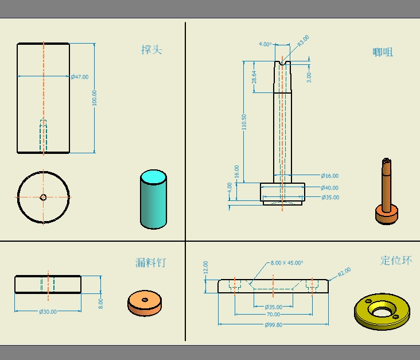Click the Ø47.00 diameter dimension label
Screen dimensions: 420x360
pyautogui.click(x=80, y=77)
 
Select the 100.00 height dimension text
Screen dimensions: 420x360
pyautogui.click(x=94, y=98)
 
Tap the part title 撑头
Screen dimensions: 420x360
pyautogui.click(x=151, y=50)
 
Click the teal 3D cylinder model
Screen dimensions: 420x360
pyautogui.click(x=153, y=199)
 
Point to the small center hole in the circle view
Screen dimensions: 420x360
pyautogui.click(x=43, y=198)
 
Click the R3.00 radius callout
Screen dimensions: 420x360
pyautogui.click(x=304, y=41)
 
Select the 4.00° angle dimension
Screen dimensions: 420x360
pyautogui.click(x=265, y=44)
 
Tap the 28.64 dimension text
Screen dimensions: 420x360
pyautogui.click(x=254, y=77)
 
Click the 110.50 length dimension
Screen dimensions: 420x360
pyautogui.click(x=244, y=122)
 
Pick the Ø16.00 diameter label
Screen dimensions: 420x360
pyautogui.click(x=330, y=176)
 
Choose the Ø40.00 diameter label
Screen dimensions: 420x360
pyautogui.click(x=329, y=188)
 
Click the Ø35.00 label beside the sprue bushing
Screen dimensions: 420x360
pyautogui.click(x=330, y=198)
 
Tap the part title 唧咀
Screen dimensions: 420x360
pyautogui.click(x=383, y=52)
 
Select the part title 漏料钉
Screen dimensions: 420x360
pyautogui.click(x=151, y=263)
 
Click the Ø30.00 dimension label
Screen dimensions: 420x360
pyautogui.click(x=48, y=312)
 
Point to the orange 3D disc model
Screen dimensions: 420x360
pyautogui.click(x=145, y=303)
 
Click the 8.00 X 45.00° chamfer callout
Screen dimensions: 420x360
pyautogui.click(x=287, y=263)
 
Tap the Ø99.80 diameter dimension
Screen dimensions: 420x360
pyautogui.click(x=274, y=325)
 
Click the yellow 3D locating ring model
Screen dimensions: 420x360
pyautogui.click(x=382, y=312)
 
